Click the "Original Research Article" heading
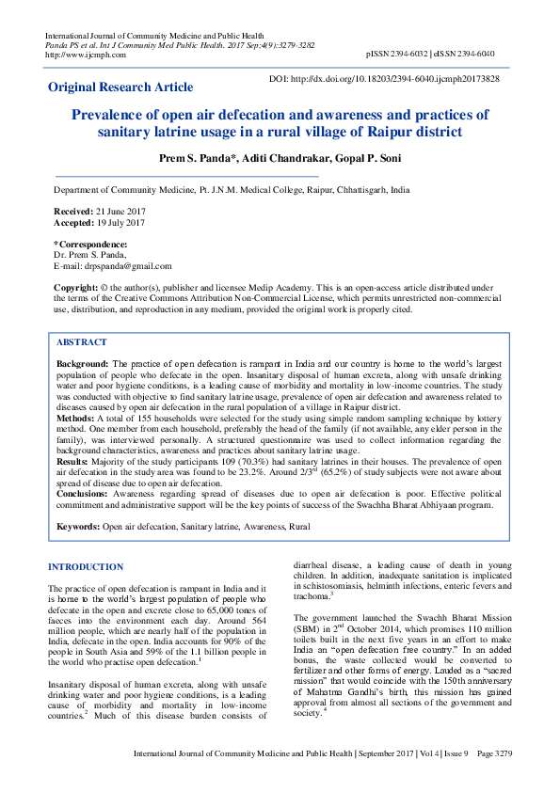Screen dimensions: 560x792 pos(120,87)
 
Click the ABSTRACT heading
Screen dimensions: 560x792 pos(82,342)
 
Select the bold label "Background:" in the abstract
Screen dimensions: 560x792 pos(83,363)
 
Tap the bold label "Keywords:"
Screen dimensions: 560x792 pos(77,528)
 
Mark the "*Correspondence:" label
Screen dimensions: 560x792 pos(90,245)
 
